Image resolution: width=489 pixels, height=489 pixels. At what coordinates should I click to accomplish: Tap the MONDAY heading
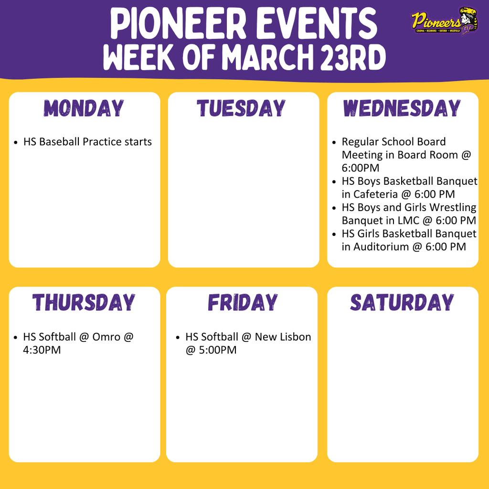tap(85, 108)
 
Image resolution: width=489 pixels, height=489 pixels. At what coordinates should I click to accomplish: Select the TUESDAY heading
tap(242, 108)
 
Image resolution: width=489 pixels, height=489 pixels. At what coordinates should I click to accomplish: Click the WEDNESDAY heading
tap(402, 108)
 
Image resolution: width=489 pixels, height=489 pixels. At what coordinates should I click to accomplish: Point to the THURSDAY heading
tap(84, 303)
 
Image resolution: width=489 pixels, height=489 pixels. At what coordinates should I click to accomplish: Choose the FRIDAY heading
tap(242, 303)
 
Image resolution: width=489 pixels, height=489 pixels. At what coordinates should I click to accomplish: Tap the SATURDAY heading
tap(402, 303)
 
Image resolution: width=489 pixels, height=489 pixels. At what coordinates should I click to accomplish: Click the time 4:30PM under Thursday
tap(42, 350)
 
